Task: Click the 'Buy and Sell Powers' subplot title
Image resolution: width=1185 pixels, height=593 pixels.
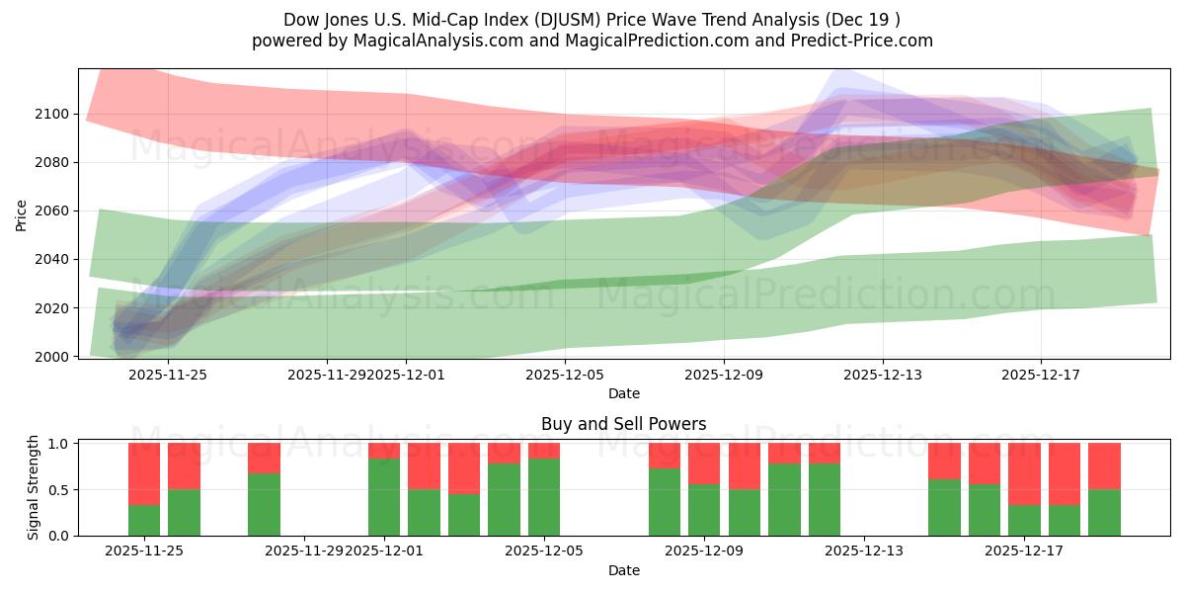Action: click(x=623, y=424)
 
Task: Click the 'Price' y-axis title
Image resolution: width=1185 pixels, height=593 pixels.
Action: click(x=22, y=213)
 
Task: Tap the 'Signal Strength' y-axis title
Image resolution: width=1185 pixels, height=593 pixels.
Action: click(x=33, y=488)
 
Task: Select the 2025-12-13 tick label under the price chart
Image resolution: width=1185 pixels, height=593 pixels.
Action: click(x=882, y=375)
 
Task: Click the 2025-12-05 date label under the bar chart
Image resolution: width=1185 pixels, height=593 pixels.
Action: click(x=544, y=551)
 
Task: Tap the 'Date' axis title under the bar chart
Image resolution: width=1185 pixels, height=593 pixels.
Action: click(x=623, y=570)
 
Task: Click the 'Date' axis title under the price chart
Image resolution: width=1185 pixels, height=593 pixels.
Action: click(x=623, y=393)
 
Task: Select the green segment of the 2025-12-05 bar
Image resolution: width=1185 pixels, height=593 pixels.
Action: click(x=544, y=497)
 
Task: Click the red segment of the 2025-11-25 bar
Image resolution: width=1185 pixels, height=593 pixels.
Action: click(x=144, y=473)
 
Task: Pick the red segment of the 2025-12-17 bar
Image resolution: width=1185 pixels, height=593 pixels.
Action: click(x=1024, y=473)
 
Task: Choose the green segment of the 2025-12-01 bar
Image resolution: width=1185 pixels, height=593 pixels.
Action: click(x=384, y=497)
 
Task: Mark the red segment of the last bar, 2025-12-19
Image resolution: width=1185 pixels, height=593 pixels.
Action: click(x=1104, y=466)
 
